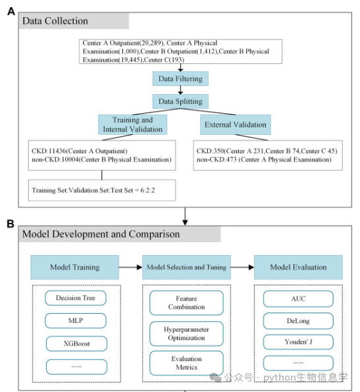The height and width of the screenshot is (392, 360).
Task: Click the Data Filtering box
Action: click(x=180, y=79)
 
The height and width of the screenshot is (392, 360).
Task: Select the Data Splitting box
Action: click(x=180, y=101)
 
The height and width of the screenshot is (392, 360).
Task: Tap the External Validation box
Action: click(x=236, y=124)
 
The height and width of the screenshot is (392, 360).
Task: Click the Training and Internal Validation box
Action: click(x=132, y=124)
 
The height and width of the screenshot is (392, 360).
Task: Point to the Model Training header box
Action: click(x=75, y=267)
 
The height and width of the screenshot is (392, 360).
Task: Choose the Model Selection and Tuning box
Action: click(x=186, y=267)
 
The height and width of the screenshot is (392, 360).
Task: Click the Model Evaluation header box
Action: click(x=298, y=267)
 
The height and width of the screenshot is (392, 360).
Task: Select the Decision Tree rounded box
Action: click(x=76, y=298)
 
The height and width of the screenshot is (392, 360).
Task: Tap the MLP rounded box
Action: click(x=76, y=320)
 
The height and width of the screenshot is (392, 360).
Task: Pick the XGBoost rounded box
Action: click(x=76, y=344)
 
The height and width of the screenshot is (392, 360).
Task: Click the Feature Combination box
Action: click(x=186, y=303)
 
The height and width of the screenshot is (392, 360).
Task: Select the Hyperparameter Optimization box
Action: click(x=186, y=333)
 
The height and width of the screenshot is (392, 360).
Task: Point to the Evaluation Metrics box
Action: click(x=186, y=363)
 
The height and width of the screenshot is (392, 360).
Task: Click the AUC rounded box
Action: click(x=298, y=299)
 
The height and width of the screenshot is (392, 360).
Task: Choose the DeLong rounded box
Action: click(x=298, y=321)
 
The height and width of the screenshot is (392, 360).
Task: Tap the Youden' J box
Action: click(x=298, y=342)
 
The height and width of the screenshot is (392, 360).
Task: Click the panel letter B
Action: click(x=11, y=224)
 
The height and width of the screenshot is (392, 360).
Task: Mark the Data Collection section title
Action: click(x=55, y=21)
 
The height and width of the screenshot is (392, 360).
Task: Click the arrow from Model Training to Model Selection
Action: click(x=130, y=267)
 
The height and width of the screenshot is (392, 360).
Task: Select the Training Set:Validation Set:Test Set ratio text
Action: click(x=93, y=190)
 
